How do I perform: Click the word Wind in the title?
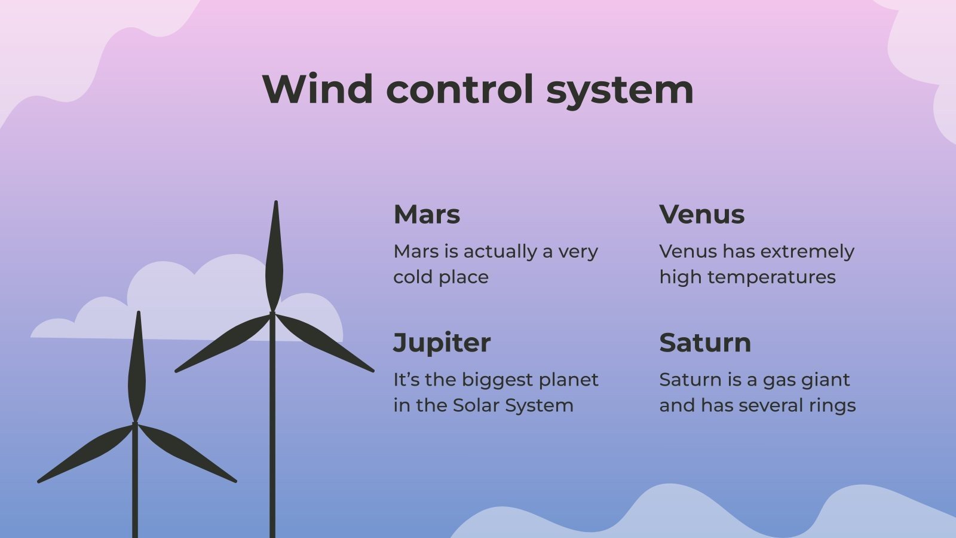pos(317,90)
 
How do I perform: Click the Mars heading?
pos(427,215)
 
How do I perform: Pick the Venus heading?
pos(701,215)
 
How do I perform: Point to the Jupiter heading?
pos(442,343)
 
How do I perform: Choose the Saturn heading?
pos(705,343)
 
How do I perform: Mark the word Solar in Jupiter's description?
pos(476,405)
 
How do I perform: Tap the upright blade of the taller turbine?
pos(274,257)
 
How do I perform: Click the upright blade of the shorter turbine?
pos(137,371)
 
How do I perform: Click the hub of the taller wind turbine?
pos(272,313)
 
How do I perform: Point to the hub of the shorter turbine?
pos(135,424)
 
